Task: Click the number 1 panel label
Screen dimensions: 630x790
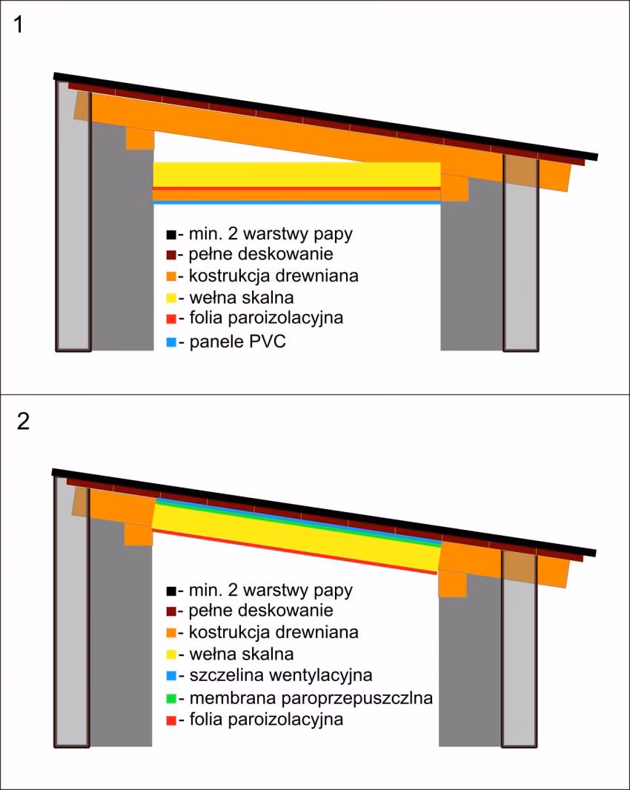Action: tap(19, 24)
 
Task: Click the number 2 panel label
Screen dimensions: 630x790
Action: tap(23, 421)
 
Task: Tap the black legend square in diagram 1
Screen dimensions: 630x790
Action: tap(171, 234)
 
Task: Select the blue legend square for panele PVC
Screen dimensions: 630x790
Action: tap(171, 342)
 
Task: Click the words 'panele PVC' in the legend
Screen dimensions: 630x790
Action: tap(237, 342)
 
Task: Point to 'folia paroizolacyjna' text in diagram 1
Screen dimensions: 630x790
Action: tap(266, 318)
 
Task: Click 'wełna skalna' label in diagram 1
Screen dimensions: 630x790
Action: tap(242, 297)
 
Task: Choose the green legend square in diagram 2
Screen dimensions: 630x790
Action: tap(171, 699)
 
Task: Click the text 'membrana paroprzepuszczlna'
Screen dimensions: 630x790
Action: tap(311, 698)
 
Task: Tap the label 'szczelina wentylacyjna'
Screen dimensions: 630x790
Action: tap(281, 675)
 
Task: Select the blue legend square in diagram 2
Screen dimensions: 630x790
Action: tap(171, 676)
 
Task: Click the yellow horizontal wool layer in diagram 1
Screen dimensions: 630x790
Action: tap(297, 174)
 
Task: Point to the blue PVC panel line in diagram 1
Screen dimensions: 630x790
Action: tap(297, 202)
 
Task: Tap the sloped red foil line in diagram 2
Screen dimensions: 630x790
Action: tap(294, 551)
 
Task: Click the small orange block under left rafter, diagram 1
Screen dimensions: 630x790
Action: tap(139, 139)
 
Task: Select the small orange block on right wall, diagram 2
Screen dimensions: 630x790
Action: tap(452, 584)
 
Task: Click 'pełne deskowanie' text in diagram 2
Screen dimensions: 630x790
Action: tap(261, 610)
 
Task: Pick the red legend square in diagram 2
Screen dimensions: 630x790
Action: tap(171, 720)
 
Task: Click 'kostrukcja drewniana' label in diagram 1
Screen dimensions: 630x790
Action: tap(273, 276)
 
